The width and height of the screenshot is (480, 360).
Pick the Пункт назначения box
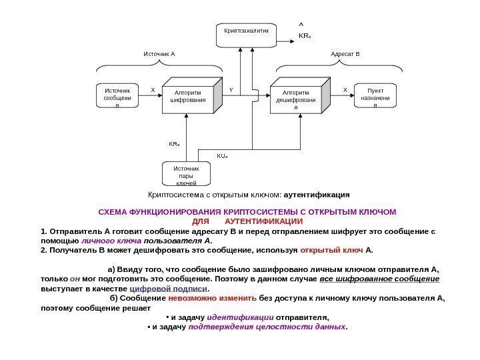[375, 97]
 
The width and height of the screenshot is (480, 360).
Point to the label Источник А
[159, 53]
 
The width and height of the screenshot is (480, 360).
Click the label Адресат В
[345, 53]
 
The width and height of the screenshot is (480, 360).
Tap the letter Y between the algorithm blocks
[231, 88]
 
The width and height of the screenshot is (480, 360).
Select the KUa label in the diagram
[223, 157]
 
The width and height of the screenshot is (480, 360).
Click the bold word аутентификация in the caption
[317, 195]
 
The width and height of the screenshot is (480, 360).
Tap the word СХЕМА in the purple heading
[114, 212]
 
